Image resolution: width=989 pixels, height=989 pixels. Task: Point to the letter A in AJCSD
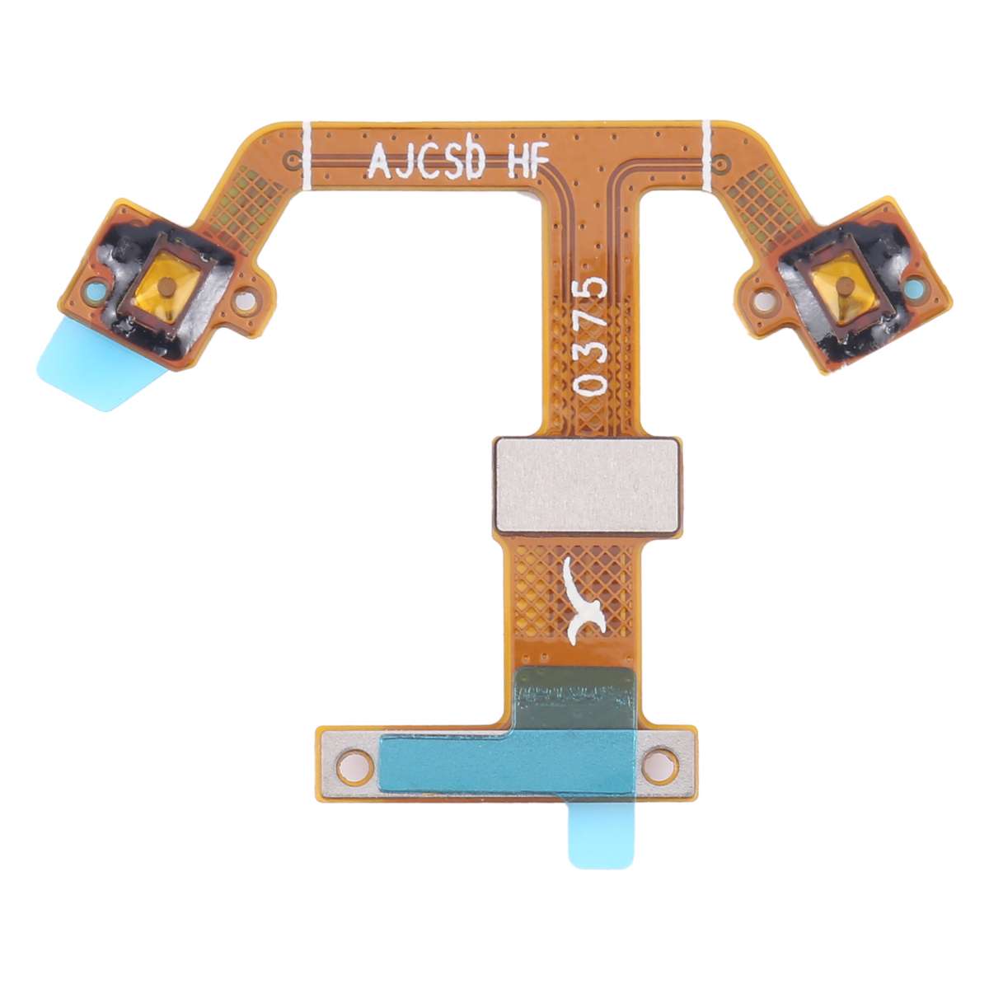(378, 162)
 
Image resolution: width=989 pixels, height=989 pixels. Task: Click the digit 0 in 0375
(593, 384)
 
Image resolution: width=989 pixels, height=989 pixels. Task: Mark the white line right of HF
(706, 152)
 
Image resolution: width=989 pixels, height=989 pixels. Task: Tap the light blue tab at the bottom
(601, 837)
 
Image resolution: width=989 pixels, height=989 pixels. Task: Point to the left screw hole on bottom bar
(355, 763)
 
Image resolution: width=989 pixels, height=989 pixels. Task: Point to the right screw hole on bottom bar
(659, 762)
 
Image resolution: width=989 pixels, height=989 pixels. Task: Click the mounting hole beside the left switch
(245, 302)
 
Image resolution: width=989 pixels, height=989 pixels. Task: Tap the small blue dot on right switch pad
(913, 288)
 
